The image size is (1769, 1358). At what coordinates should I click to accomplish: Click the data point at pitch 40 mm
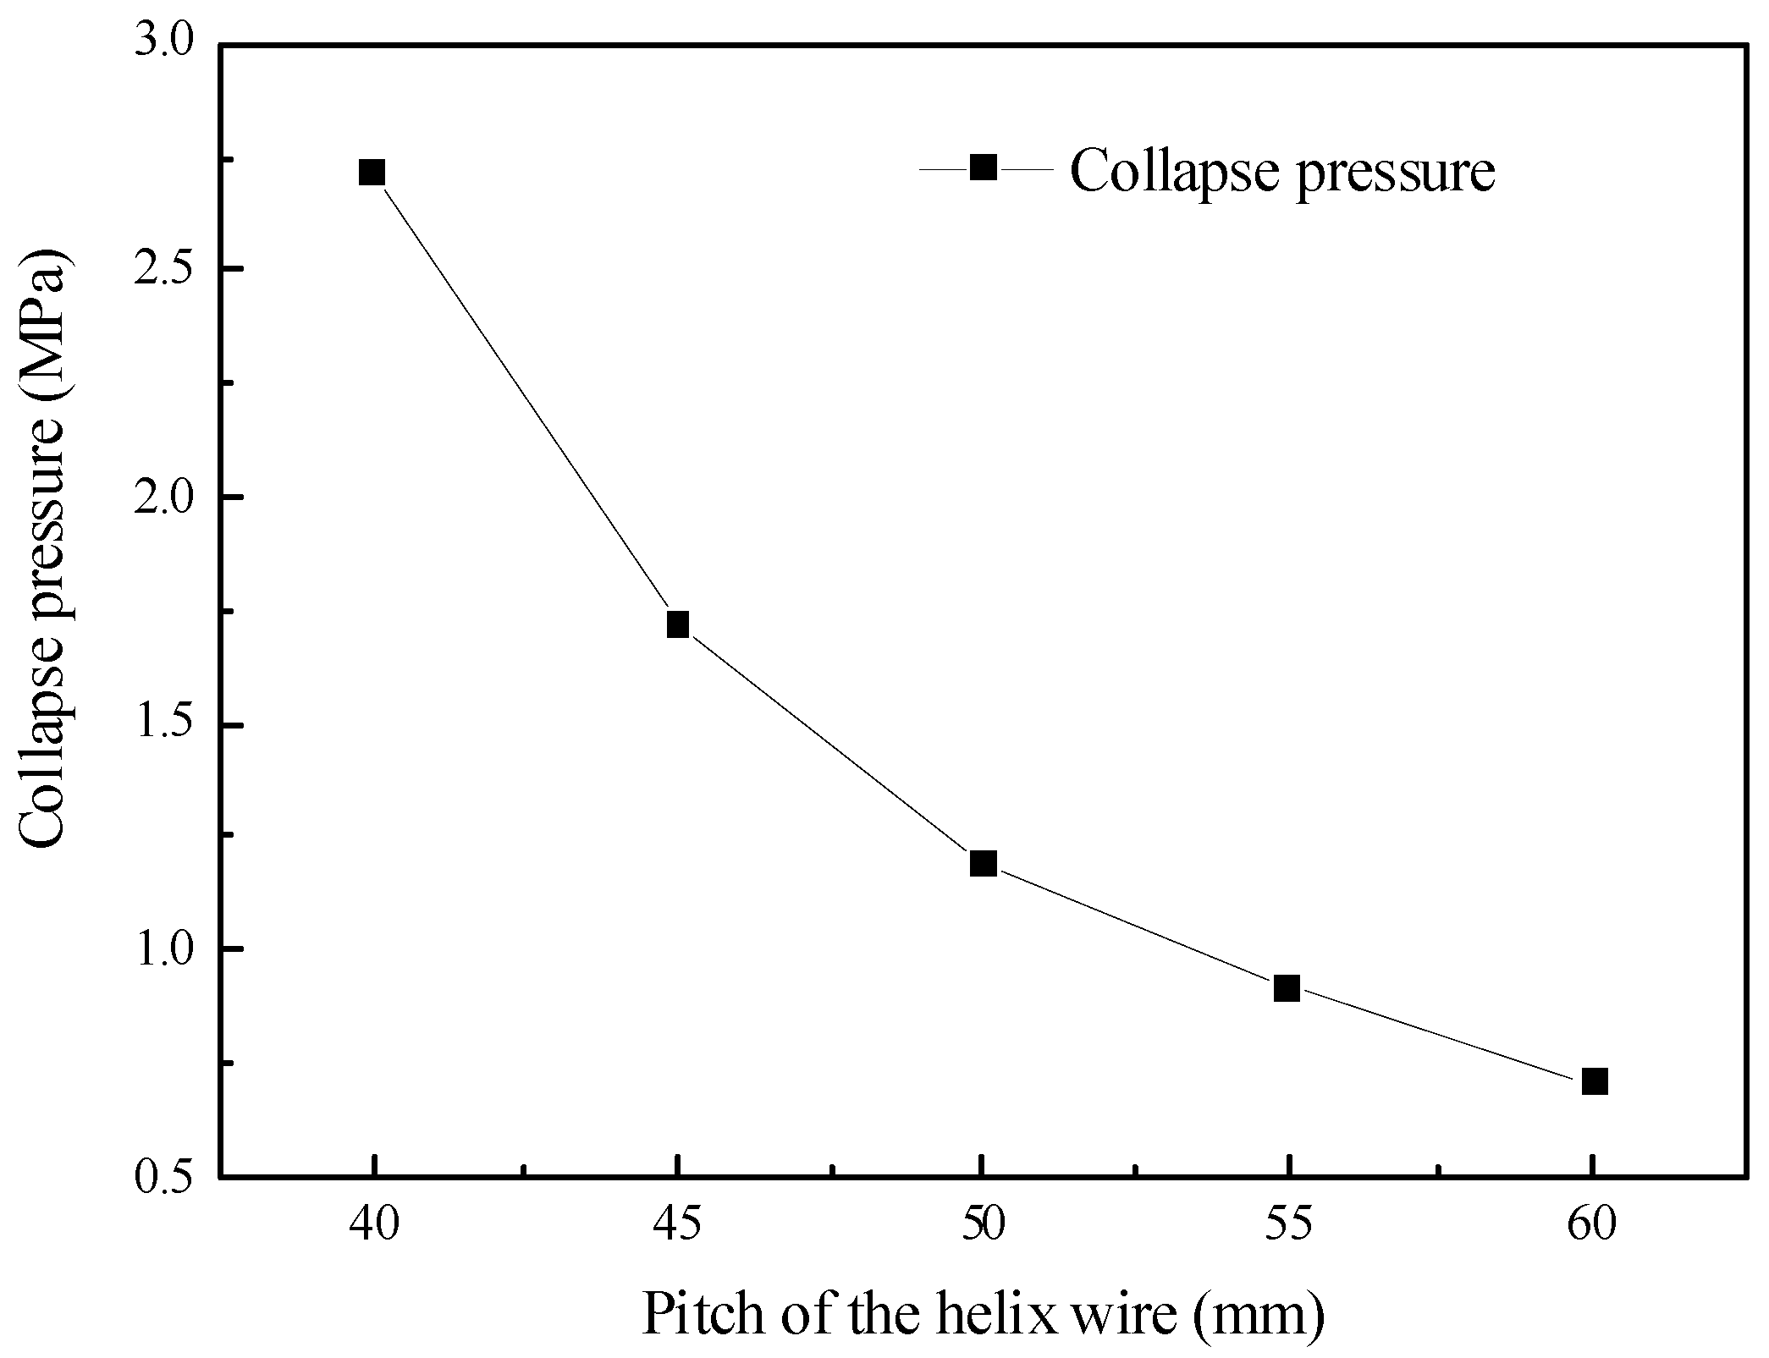coord(372,173)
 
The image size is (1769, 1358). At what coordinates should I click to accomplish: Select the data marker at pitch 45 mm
coord(677,624)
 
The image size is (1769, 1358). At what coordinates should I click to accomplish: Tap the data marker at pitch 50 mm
coord(983,863)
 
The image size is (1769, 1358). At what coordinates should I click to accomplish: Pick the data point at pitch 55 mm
coord(1287,987)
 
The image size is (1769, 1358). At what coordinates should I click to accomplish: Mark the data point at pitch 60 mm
coord(1594,1080)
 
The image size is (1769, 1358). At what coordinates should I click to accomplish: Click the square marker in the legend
coord(983,168)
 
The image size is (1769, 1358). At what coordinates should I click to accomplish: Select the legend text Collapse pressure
coord(1282,171)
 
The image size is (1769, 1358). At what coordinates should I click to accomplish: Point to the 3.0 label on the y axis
coord(164,42)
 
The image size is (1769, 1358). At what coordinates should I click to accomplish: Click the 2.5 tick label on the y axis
coord(164,269)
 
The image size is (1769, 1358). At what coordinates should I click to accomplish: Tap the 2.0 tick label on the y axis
coord(164,497)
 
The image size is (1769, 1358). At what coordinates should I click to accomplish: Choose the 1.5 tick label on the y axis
coord(164,724)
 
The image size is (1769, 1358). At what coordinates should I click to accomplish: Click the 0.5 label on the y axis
coord(164,1177)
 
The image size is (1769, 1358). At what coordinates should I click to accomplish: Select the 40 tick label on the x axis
coord(372,1224)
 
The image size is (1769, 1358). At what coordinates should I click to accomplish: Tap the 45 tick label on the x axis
coord(677,1224)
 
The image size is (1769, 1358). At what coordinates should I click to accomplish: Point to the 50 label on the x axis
coord(983,1224)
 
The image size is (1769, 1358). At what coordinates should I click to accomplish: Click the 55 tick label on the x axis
coord(1287,1224)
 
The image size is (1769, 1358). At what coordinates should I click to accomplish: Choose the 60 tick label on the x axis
coord(1593,1224)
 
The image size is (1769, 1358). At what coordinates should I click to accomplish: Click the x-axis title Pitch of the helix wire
coord(982,1314)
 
